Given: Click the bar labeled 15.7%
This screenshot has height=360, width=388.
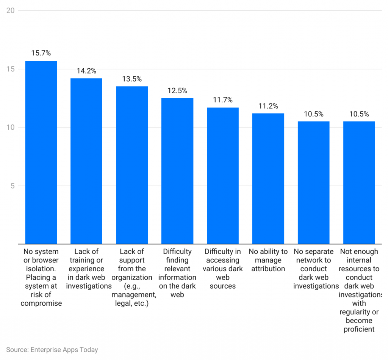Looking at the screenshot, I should coord(41,152).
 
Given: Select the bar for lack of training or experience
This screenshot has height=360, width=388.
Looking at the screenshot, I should coord(86,161).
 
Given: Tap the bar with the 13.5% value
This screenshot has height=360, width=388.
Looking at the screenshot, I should coord(132,165).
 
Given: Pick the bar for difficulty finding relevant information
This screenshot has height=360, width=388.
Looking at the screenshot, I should coord(177,171).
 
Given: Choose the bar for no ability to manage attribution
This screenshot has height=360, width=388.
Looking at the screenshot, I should coord(268,178).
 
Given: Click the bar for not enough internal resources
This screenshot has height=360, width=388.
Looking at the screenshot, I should coord(359,182).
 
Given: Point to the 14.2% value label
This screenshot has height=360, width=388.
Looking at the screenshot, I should coord(86,71).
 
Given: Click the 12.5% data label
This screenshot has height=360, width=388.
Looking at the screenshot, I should coord(177,91).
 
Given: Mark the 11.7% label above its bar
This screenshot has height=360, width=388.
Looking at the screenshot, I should coord(223,100).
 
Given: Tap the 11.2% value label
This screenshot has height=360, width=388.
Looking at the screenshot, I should coord(268,106).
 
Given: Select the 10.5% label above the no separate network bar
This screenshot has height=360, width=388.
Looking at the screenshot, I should coord(314,114).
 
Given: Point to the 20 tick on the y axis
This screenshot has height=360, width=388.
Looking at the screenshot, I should coord(11,10).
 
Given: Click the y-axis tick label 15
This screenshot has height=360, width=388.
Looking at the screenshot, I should coord(11,69).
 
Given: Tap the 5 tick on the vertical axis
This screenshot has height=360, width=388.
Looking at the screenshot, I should coord(13,186).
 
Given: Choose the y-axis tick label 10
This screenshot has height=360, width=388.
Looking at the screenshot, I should coord(11,127).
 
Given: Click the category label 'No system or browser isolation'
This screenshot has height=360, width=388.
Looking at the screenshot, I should coord(41,277).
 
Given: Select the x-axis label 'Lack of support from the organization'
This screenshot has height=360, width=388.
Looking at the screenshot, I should coord(132,277).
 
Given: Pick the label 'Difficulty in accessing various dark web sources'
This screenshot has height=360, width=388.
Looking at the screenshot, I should coord(223,269).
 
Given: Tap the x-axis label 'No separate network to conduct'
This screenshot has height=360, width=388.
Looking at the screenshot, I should coord(314,269).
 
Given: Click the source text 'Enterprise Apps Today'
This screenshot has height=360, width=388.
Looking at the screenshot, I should coord(52,350).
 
